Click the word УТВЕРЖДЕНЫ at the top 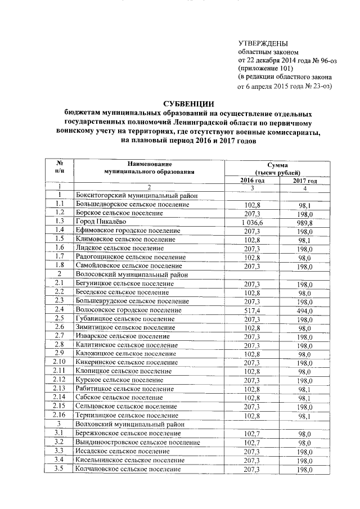click(263, 43)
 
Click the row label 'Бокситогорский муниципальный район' click(135, 195)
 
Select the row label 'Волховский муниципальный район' click(129, 424)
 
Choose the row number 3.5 click(58, 469)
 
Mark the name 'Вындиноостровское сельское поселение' click(137, 442)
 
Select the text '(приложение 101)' click(264, 69)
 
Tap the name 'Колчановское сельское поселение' click(128, 469)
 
